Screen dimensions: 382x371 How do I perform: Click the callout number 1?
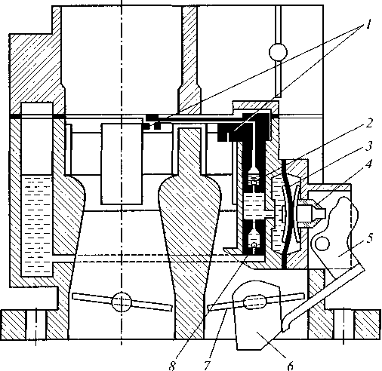[x=368, y=25]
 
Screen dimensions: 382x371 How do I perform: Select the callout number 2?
[x=368, y=124]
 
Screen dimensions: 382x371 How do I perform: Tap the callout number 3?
[x=368, y=146]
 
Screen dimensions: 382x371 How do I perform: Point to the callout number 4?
[x=368, y=164]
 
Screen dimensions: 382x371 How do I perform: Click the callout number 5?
[x=369, y=238]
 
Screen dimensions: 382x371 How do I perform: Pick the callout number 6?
[x=290, y=365]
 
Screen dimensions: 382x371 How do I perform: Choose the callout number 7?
[x=207, y=366]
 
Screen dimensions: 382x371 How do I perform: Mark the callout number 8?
[x=172, y=366]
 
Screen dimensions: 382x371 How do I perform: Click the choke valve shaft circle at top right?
[x=278, y=52]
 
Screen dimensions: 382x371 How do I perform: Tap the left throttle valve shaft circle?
[x=122, y=302]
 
